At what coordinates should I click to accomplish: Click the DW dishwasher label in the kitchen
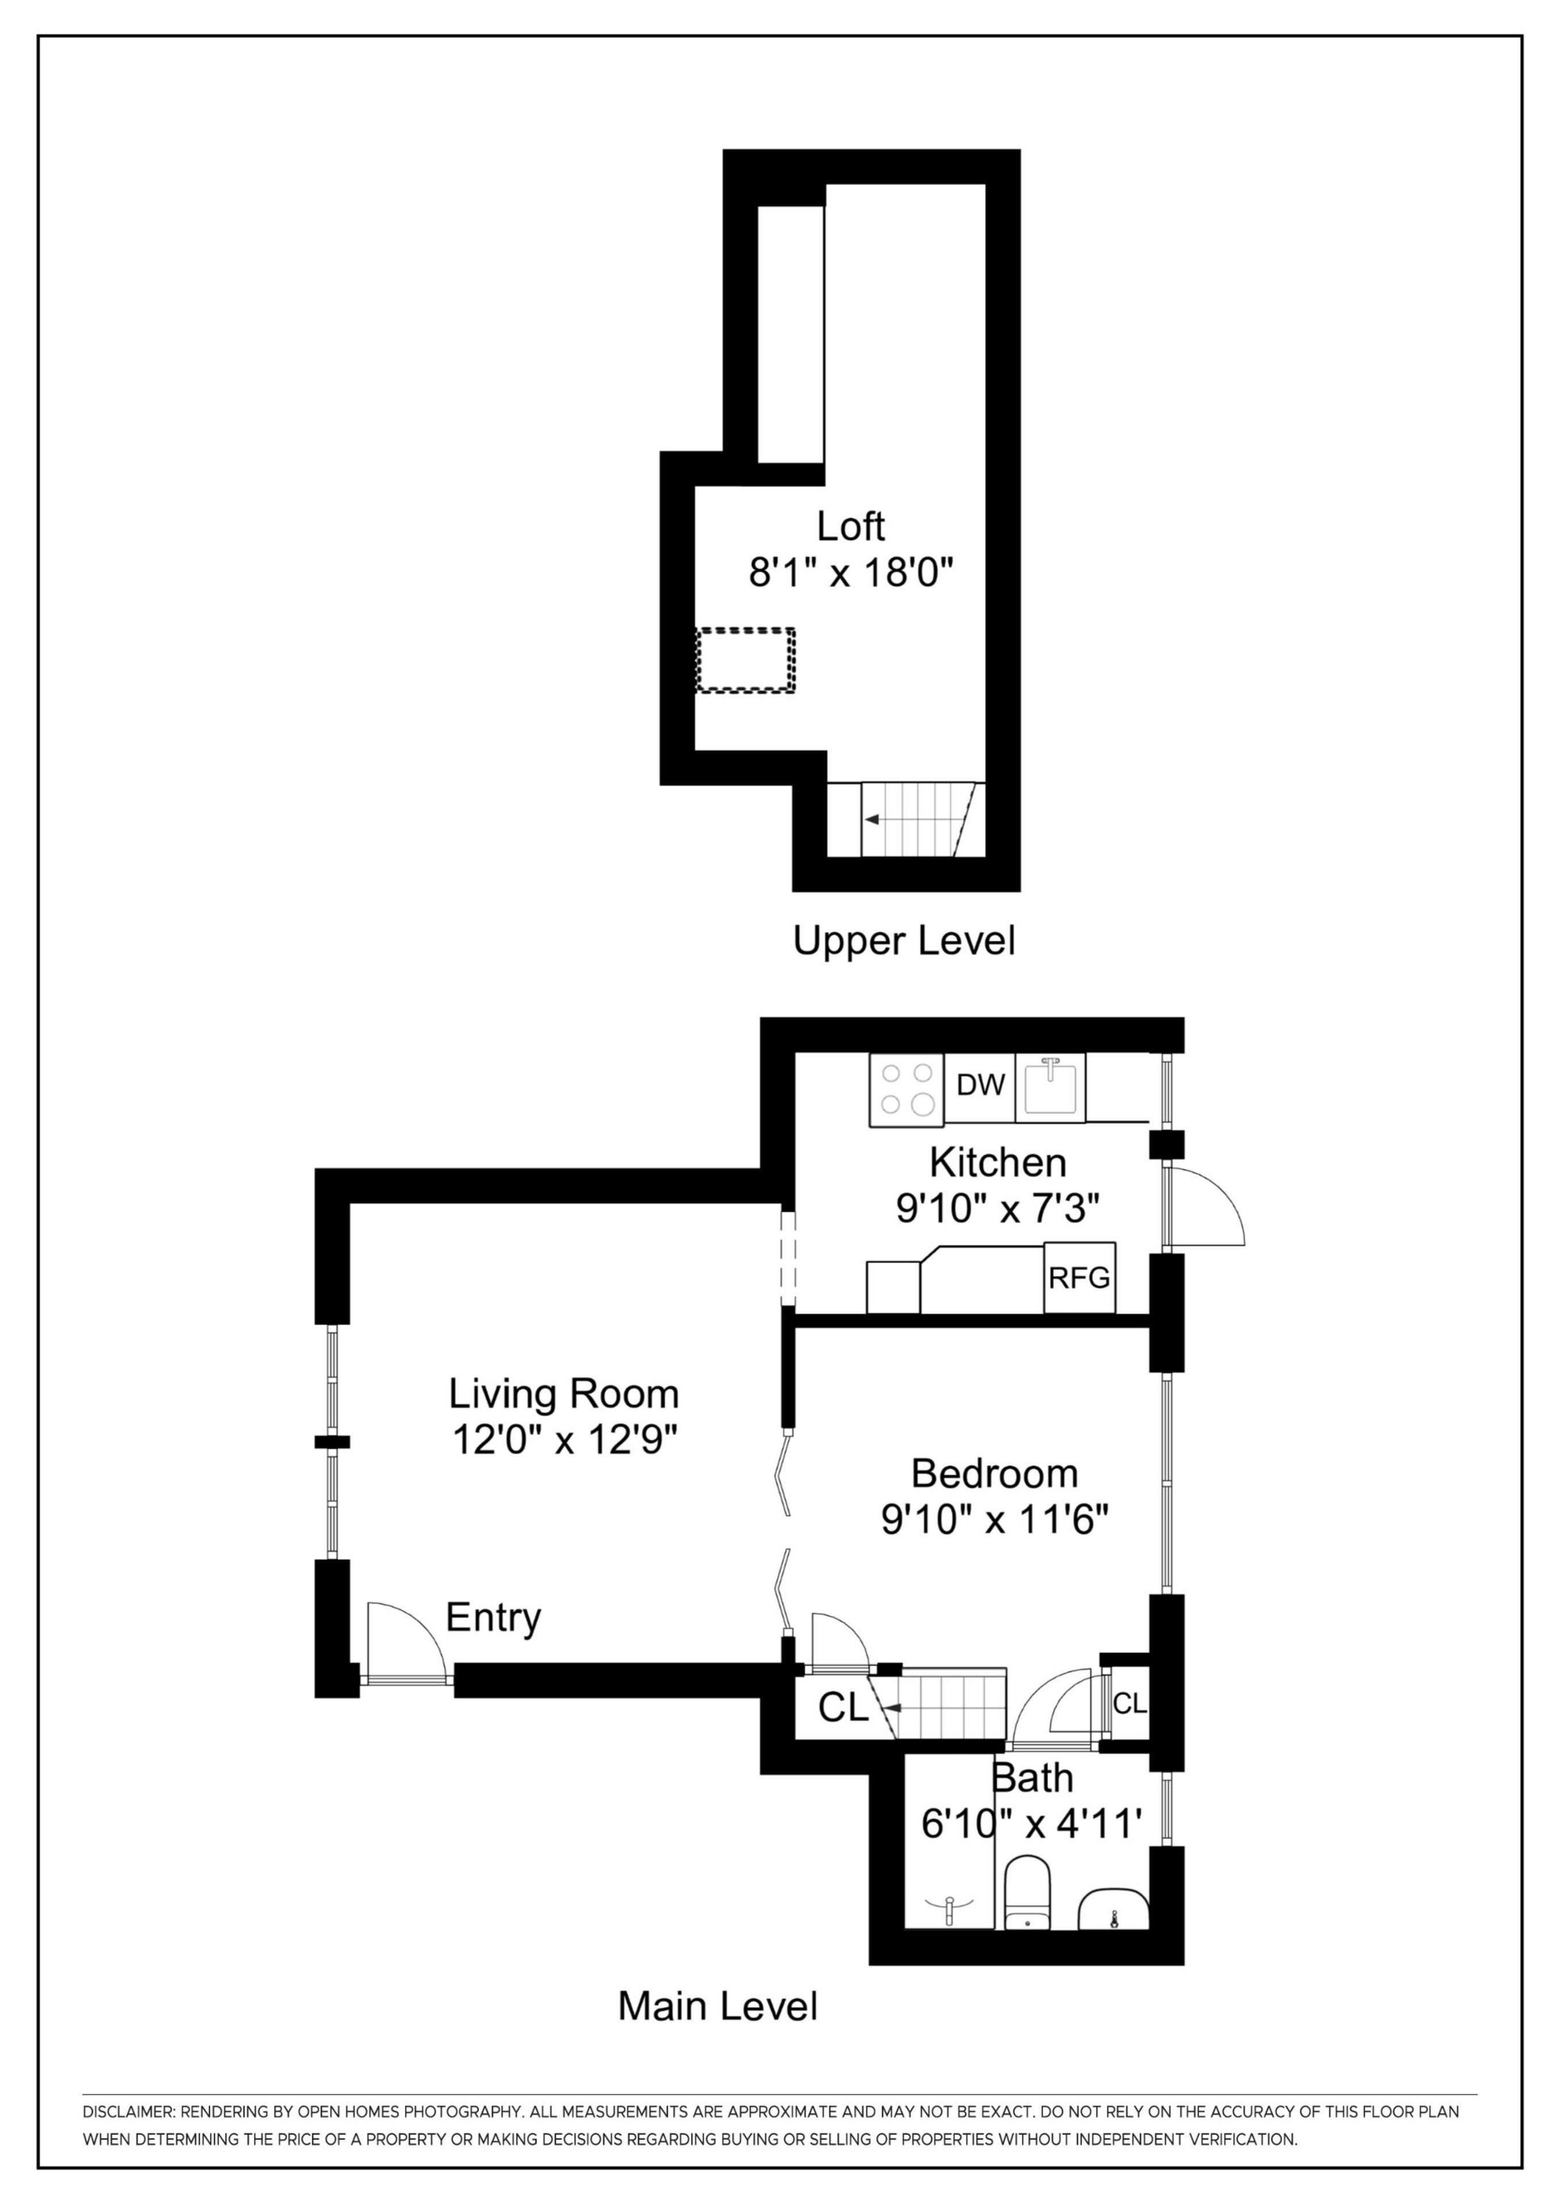980,1085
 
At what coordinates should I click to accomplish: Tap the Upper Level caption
903,940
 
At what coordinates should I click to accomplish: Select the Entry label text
493,1618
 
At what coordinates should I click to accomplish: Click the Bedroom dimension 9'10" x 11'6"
995,1520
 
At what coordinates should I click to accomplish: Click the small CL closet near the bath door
1130,1704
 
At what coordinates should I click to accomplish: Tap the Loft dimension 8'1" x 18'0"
850,575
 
